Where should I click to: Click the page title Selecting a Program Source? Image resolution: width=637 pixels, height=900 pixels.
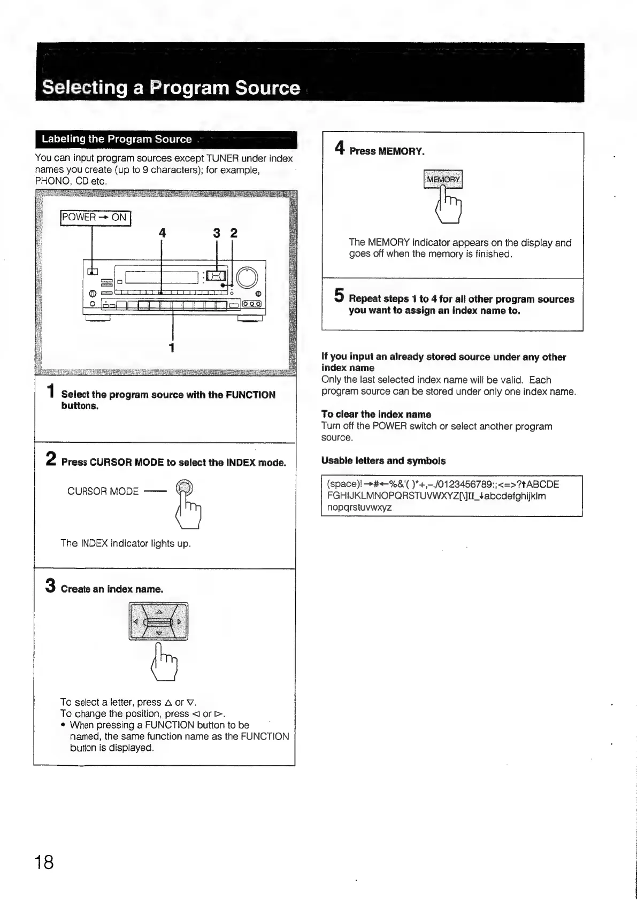(x=171, y=88)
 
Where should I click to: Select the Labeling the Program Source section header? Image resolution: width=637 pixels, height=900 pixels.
(x=117, y=139)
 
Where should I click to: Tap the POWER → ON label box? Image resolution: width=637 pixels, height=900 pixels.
(x=95, y=218)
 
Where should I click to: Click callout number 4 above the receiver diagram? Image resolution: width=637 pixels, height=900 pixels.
(x=162, y=233)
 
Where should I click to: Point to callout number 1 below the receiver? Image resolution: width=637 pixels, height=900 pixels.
(x=172, y=348)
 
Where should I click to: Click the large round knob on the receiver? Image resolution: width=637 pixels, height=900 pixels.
(x=247, y=276)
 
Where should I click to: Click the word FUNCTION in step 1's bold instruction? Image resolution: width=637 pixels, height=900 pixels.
(x=250, y=395)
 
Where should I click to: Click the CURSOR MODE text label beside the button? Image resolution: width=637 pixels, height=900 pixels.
(x=103, y=491)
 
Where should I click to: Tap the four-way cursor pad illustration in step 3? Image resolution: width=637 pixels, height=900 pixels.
(x=158, y=621)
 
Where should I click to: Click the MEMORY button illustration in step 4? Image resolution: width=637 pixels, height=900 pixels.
(x=443, y=179)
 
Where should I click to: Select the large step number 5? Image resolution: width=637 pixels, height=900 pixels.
(x=339, y=295)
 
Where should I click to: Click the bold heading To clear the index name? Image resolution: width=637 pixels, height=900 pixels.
(x=376, y=414)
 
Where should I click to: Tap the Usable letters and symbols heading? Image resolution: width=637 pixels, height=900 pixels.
(x=383, y=460)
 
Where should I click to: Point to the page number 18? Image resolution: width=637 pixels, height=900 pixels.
(x=44, y=862)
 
